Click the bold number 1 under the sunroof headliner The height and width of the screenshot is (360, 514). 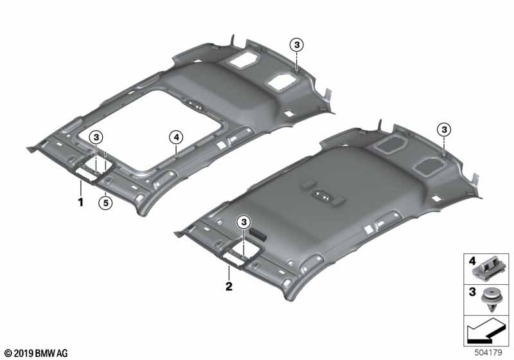coord(81,202)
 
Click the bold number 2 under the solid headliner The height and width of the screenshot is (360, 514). coord(229,286)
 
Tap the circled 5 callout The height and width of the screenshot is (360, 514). coord(105,203)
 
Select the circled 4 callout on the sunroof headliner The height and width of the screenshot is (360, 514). coord(176,138)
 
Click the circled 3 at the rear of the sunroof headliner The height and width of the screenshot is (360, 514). coord(297,44)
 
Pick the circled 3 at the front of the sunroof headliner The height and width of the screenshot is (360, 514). coord(96,138)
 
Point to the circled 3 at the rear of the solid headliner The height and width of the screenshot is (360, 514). coord(444,130)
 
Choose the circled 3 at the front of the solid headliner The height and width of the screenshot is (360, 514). coord(244,222)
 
